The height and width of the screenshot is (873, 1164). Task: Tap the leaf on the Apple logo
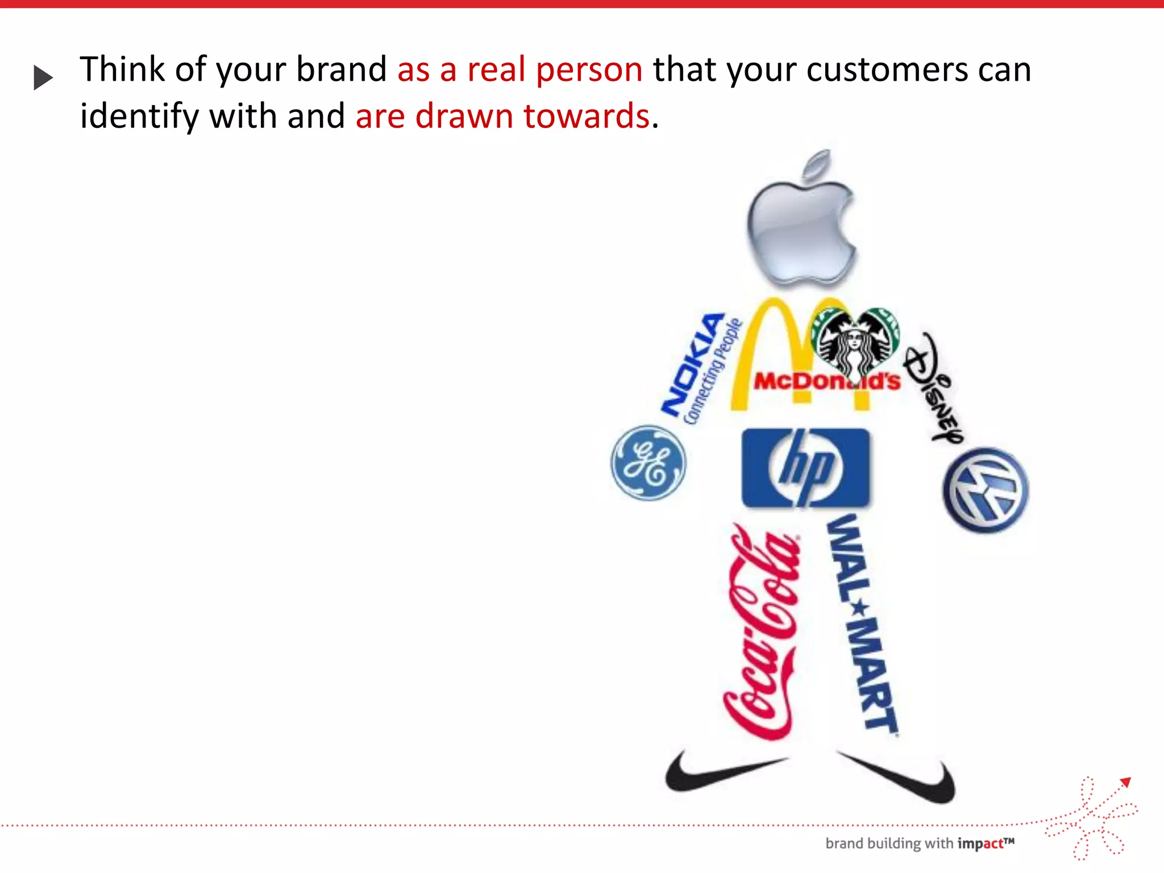coord(817,165)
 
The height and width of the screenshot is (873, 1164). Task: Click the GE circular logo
coord(648,463)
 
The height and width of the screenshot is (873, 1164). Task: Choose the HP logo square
coord(805,468)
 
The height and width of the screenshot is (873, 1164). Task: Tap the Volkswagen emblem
coord(986,490)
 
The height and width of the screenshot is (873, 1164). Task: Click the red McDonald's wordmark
coord(827,381)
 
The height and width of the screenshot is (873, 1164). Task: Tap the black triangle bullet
coord(43,77)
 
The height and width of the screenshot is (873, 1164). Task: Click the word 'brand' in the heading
coord(341,69)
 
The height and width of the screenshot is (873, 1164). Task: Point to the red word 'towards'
coord(586,116)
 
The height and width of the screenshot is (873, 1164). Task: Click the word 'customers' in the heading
coord(887,69)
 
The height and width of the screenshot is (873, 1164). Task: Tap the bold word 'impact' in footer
coord(980,844)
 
